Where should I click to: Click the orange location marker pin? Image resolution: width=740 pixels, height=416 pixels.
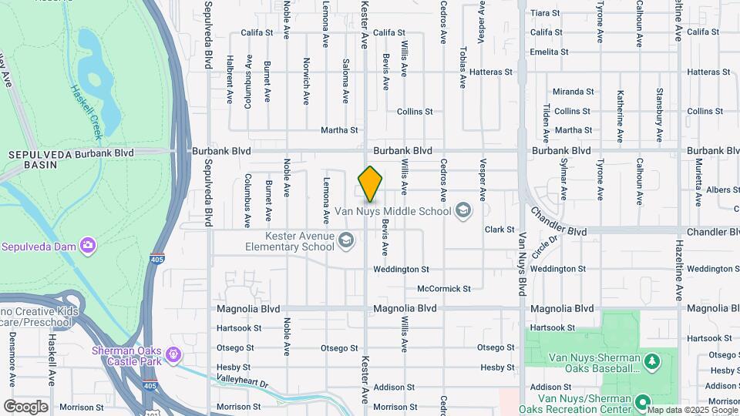[370, 184]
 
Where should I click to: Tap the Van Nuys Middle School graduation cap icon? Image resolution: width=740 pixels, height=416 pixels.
[463, 210]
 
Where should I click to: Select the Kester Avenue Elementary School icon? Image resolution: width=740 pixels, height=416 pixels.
[346, 241]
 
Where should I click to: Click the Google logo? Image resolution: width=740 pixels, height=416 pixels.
[25, 407]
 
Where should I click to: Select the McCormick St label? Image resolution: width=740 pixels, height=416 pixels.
[443, 289]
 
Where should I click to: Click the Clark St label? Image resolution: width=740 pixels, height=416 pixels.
[499, 230]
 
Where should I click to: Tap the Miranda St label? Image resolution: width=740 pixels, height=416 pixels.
[573, 92]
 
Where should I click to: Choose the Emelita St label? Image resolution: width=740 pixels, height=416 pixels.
[549, 52]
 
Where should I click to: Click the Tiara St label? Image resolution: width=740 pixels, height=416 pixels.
[545, 13]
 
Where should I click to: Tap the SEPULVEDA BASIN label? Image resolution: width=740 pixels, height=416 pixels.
[31, 159]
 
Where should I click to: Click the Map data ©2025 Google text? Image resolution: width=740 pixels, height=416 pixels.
[692, 410]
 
